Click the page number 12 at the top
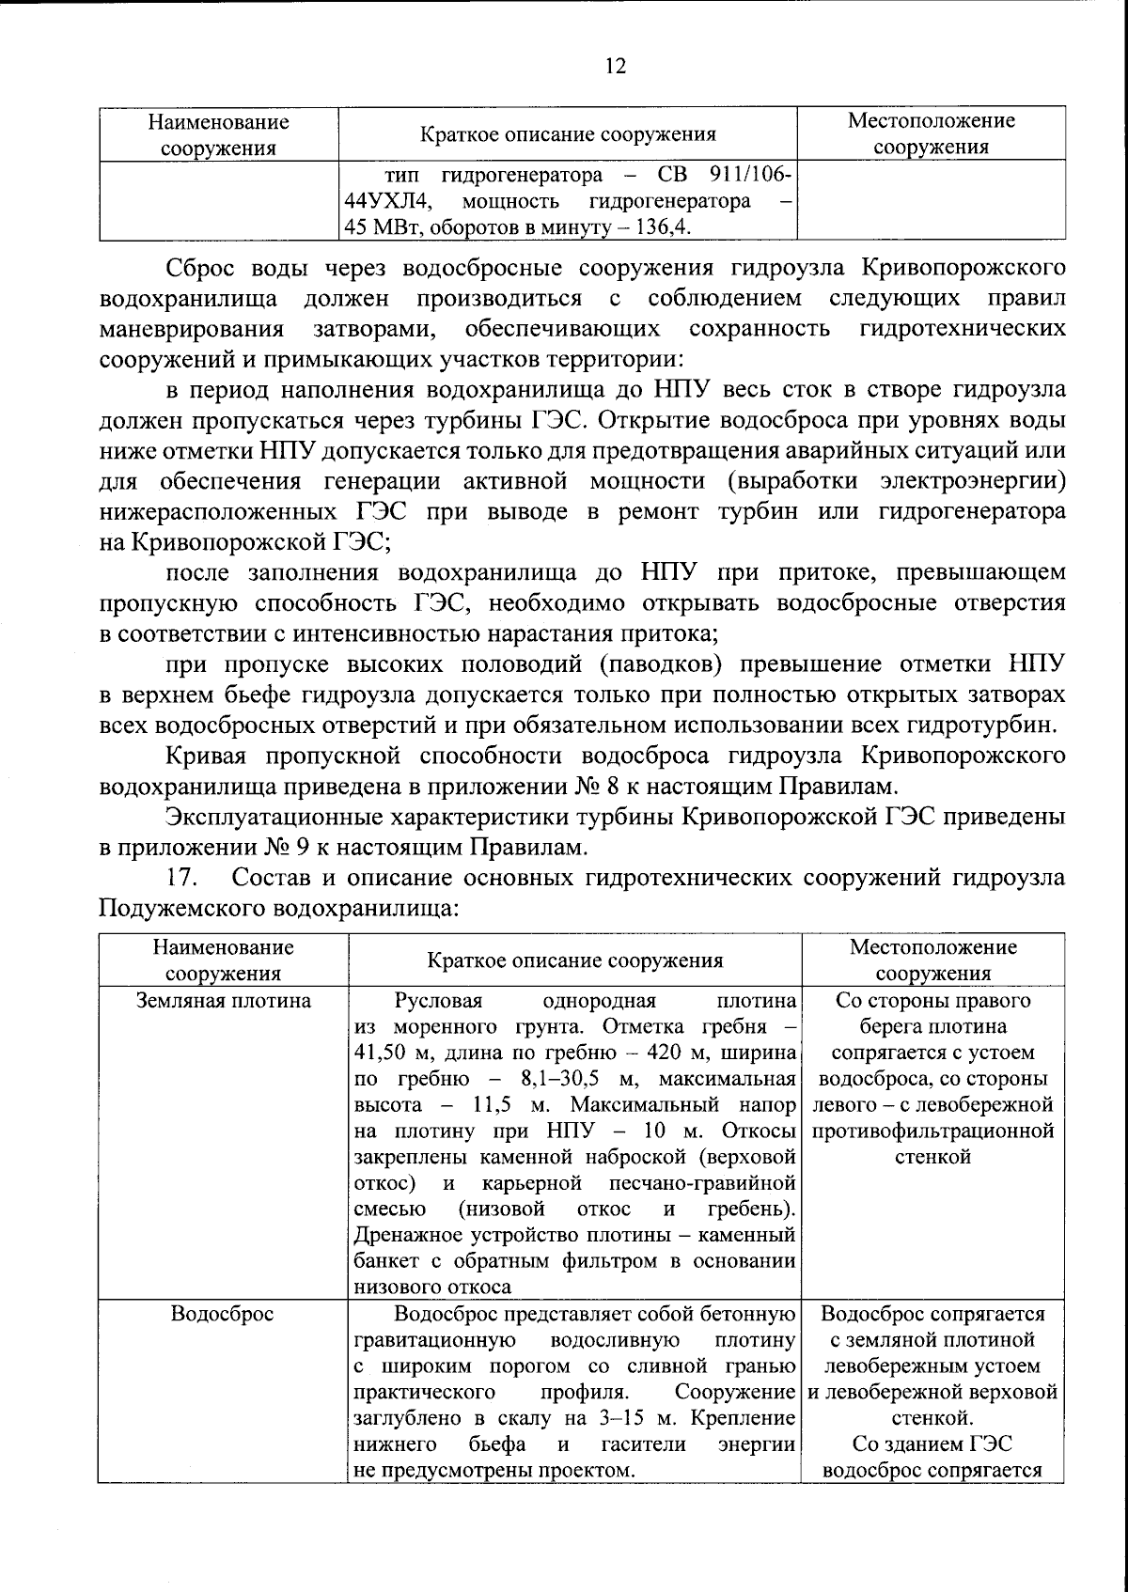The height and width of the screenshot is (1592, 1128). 615,67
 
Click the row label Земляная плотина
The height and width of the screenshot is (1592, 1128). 224,1001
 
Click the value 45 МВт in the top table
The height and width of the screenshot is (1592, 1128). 371,227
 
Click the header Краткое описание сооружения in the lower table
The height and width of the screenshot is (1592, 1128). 574,960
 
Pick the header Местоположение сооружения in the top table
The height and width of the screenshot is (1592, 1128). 931,133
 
